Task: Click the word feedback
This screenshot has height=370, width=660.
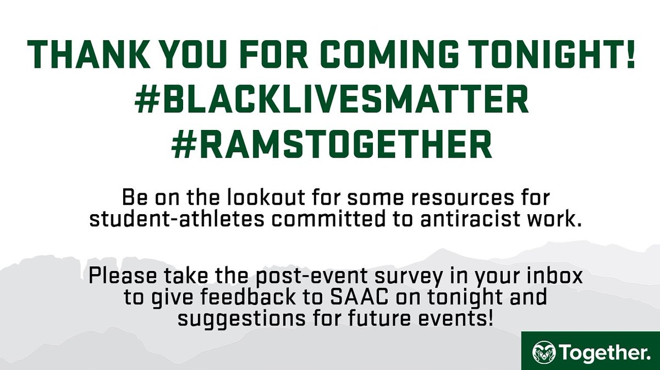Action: tap(239, 297)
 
